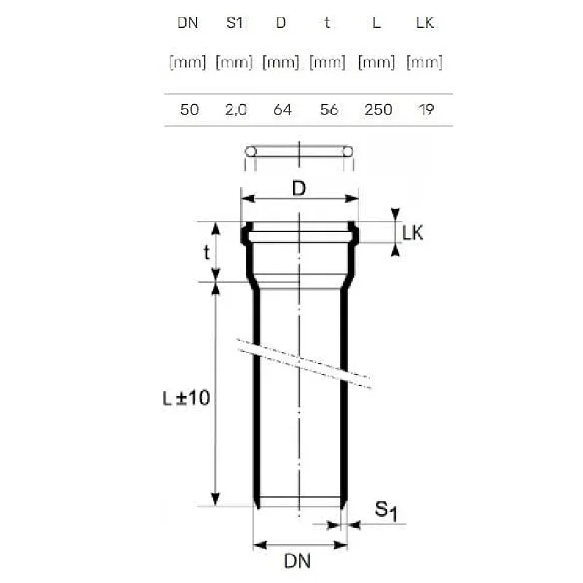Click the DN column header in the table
coord(187,23)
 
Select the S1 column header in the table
coord(234,23)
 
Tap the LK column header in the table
coord(425,23)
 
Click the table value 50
coord(189,110)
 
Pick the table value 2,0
coord(235,110)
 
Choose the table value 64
coord(283,110)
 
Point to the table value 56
coord(329,110)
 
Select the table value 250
coord(378,110)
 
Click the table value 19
coord(426,110)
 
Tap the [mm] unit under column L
coord(377,62)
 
